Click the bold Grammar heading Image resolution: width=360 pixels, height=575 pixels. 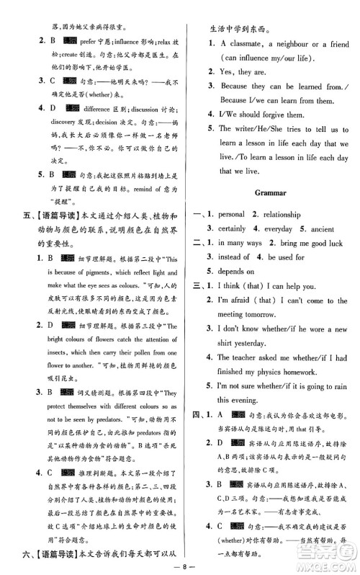coord(271,193)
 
